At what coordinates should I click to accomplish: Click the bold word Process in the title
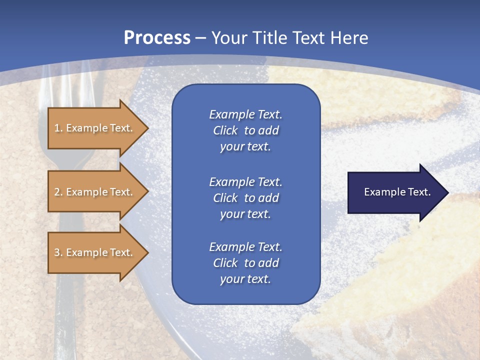pos(156,38)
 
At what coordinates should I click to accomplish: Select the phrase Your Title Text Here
pos(289,38)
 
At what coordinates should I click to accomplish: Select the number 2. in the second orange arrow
pos(58,192)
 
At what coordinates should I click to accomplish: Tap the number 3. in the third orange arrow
pos(58,252)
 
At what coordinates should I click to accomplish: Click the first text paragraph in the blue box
pos(245,130)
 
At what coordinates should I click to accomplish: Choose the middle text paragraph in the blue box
pos(245,197)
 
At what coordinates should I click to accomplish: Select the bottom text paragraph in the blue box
pos(245,263)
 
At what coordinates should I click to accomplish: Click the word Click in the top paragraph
pos(225,130)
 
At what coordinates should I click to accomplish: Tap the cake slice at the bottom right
pos(420,280)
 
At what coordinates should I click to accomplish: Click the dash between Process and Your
pos(201,38)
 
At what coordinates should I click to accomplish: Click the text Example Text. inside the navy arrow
pos(397,192)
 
